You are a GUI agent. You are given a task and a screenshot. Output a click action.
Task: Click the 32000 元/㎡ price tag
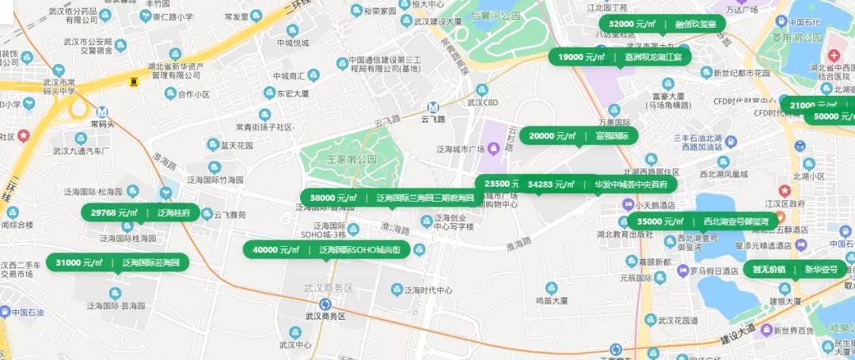point(662,25)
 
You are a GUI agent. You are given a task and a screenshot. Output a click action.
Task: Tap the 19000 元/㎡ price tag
point(620,57)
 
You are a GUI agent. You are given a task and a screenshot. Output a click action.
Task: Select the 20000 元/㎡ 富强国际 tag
point(578,136)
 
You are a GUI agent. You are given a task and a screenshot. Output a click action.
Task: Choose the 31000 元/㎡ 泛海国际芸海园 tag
point(117,263)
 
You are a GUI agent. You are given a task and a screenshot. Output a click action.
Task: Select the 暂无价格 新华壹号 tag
point(794,269)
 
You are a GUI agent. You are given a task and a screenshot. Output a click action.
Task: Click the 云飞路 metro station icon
point(433,108)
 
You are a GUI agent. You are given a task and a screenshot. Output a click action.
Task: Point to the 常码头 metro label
point(102,123)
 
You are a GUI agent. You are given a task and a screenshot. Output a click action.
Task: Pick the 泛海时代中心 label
point(427,290)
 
